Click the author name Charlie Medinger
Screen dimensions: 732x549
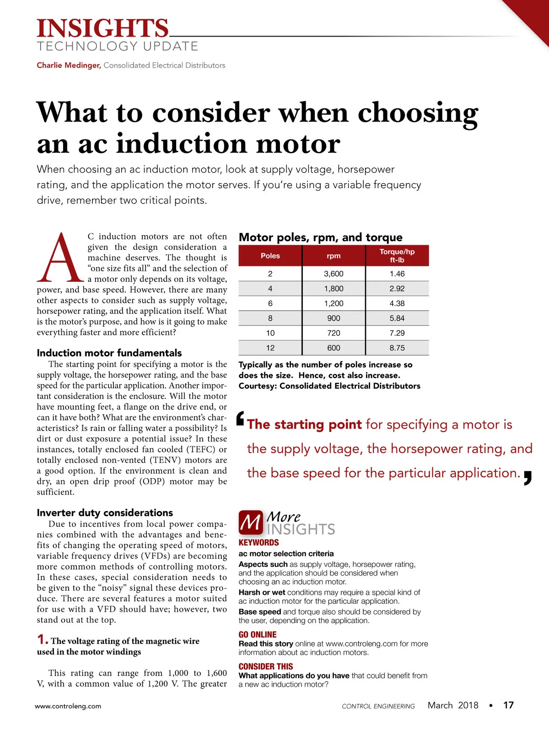[x=69, y=65]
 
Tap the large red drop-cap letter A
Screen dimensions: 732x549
[x=60, y=258]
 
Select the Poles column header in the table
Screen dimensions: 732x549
[x=270, y=256]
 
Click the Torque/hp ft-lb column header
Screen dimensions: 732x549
[x=397, y=256]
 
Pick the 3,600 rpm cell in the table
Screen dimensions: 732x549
[x=334, y=274]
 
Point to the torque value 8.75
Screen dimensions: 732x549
[x=397, y=348]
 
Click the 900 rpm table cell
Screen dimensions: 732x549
[x=334, y=318]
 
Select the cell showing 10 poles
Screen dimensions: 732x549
[x=270, y=333]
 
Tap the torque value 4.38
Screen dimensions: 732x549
[x=397, y=303]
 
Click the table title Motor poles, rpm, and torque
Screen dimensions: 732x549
[x=320, y=237]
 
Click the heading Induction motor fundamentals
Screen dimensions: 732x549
[x=109, y=353]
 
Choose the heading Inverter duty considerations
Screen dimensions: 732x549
[x=105, y=512]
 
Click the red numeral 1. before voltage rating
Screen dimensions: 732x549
[x=43, y=640]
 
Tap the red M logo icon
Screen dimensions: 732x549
[x=251, y=522]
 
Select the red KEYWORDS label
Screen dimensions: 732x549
[x=258, y=543]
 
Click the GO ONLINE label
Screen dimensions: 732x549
[x=258, y=635]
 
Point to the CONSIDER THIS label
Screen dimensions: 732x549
[x=265, y=667]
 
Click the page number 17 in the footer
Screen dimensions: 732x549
[x=508, y=705]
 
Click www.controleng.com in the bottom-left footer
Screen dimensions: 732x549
[x=68, y=706]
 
